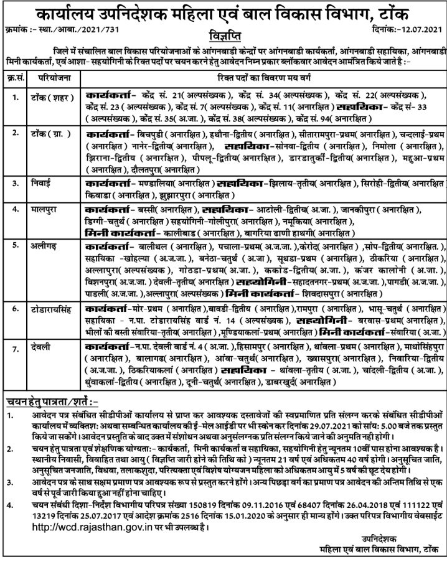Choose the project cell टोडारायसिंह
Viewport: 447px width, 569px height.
tap(55, 308)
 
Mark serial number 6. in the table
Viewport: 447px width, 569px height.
tap(14, 308)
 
